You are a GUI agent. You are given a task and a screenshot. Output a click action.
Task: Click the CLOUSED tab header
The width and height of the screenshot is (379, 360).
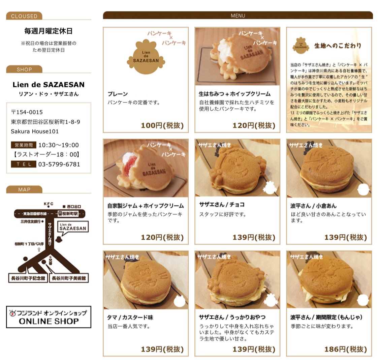click(24, 16)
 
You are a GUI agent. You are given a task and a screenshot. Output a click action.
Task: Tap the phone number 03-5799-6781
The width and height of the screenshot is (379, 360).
click(59, 164)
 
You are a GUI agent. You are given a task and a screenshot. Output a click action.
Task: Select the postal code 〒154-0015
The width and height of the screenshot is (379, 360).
click(27, 112)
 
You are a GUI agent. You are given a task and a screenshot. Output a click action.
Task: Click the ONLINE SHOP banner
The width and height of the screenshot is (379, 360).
click(49, 317)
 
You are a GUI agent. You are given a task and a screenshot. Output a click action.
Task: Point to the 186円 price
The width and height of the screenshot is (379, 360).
click(345, 349)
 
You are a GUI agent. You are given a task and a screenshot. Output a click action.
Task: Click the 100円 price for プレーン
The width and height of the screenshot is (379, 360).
click(162, 125)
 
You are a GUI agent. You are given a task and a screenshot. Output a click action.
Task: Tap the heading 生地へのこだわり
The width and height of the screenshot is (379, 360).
click(338, 46)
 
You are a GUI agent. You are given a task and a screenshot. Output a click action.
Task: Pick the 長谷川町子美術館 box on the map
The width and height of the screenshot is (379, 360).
click(69, 278)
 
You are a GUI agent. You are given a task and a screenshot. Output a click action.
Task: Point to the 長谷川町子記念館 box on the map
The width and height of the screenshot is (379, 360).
click(27, 278)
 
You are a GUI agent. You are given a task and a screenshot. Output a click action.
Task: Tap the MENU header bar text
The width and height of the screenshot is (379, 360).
click(238, 16)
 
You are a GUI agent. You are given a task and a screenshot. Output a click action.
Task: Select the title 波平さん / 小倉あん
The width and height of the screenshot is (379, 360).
click(313, 206)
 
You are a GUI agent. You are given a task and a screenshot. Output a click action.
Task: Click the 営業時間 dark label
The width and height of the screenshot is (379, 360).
click(23, 145)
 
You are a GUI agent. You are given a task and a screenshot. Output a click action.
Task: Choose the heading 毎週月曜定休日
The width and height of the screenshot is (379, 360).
click(49, 31)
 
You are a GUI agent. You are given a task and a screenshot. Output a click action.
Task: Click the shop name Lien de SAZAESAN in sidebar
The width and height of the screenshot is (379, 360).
click(49, 85)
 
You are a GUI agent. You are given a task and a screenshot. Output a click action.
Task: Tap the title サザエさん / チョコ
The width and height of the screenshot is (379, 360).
click(222, 205)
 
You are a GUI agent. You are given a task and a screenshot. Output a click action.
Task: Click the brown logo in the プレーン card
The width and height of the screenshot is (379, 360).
click(146, 57)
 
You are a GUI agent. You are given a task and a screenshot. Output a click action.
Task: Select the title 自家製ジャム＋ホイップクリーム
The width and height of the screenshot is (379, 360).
click(146, 206)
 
